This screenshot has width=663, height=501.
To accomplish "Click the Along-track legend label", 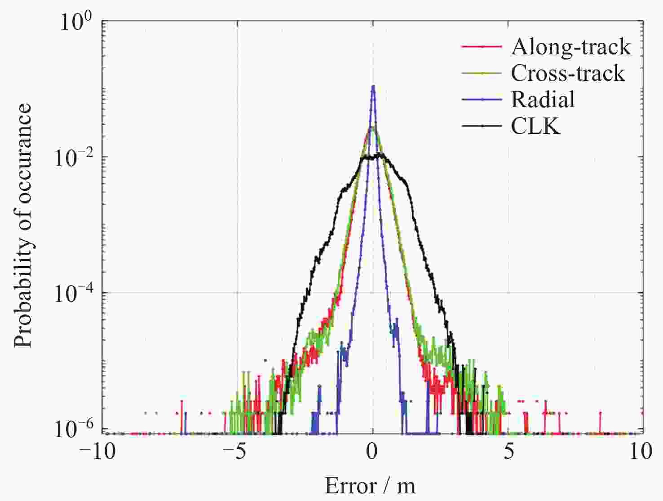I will (x=570, y=47).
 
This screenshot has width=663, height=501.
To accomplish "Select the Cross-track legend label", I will (x=568, y=73).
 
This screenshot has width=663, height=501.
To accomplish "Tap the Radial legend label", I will (x=543, y=99).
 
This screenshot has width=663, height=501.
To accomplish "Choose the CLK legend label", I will (x=535, y=126).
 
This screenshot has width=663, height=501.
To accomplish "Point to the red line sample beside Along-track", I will (x=482, y=47).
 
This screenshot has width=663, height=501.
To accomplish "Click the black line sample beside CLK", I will (x=482, y=126).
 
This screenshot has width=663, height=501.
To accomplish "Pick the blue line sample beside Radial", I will (x=482, y=100).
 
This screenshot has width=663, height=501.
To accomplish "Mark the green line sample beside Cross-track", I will (x=482, y=73).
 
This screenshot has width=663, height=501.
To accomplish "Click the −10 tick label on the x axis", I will (x=97, y=451).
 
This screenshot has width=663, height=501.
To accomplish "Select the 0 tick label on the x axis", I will (x=372, y=451).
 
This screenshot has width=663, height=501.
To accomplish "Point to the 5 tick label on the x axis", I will (x=508, y=451).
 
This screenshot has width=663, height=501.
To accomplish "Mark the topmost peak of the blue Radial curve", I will (x=373, y=86).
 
